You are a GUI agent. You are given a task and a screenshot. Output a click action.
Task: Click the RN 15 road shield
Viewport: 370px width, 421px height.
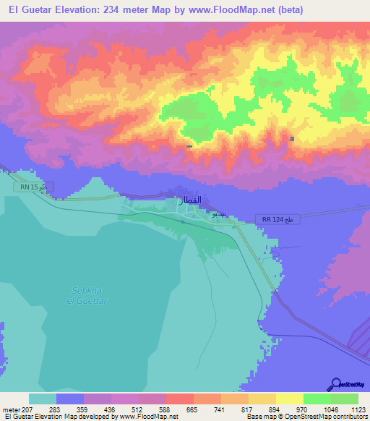click(33, 187)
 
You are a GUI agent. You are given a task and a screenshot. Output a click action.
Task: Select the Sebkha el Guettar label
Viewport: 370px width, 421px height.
click(89, 295)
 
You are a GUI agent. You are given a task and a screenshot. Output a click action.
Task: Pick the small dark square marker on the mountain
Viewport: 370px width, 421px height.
click(293, 139)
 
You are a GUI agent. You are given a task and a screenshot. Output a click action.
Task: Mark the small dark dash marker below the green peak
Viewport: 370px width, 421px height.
click(189, 147)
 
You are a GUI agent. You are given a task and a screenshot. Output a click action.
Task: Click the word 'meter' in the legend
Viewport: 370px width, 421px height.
click(10, 410)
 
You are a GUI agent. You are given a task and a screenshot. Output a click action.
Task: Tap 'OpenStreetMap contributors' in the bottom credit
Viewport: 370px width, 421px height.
click(328, 417)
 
